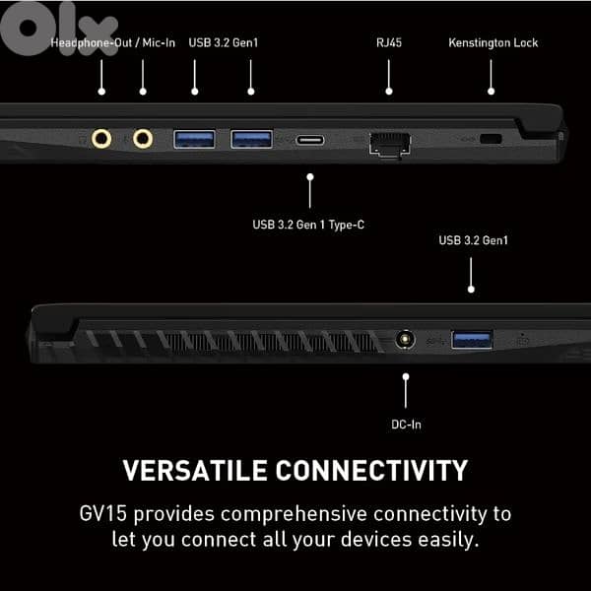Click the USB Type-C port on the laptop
click(x=310, y=140)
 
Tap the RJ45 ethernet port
click(x=390, y=145)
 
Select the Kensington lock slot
click(x=491, y=139)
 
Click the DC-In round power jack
click(x=405, y=340)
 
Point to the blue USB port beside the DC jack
click(x=472, y=340)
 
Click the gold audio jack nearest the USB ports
click(x=143, y=139)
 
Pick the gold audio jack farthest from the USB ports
click(x=101, y=139)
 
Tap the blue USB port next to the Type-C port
click(x=251, y=139)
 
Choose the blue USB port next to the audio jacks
click(x=194, y=139)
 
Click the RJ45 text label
click(x=389, y=42)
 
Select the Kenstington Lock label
click(x=493, y=42)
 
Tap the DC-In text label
click(x=406, y=425)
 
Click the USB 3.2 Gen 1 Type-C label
click(x=308, y=225)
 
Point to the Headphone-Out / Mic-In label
click(x=113, y=42)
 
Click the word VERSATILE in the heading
click(x=195, y=471)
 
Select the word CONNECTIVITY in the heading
click(x=371, y=471)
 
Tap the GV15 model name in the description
click(x=102, y=514)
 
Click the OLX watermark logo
click(x=59, y=29)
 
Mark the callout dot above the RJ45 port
click(x=389, y=92)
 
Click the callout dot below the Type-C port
click(x=310, y=176)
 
